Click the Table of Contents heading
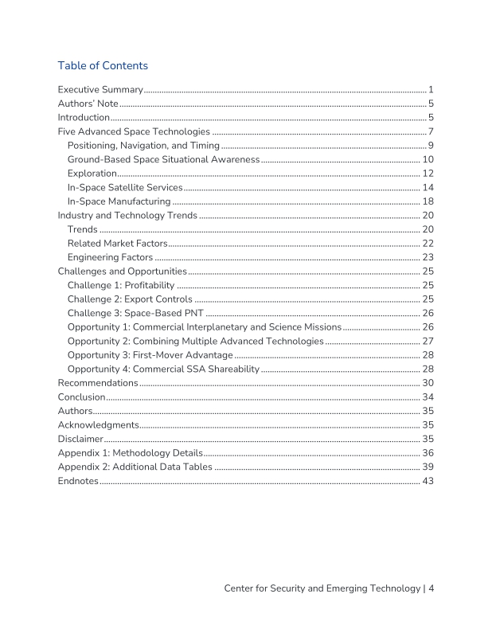(x=103, y=65)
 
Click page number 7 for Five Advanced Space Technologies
(x=430, y=131)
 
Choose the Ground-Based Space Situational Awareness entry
(x=163, y=160)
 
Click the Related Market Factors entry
(x=118, y=244)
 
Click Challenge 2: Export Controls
(x=130, y=299)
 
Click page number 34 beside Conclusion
(x=428, y=397)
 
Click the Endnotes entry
(x=78, y=481)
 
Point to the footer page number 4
(x=430, y=588)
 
